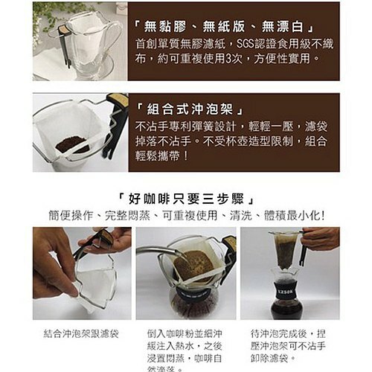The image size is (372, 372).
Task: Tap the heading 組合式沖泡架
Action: point(190,105)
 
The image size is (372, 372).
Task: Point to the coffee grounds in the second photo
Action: point(72,144)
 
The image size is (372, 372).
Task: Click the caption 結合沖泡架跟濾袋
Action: point(81,334)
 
